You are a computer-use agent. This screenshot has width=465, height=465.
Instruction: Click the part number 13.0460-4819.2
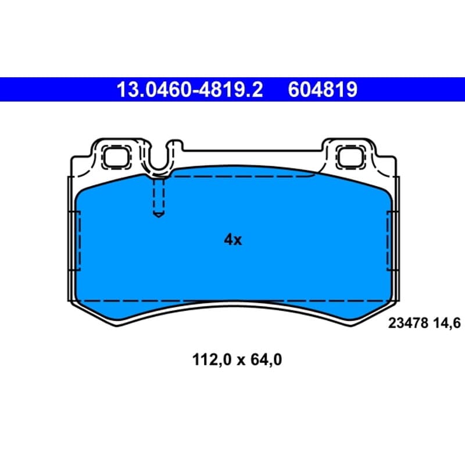coord(190,90)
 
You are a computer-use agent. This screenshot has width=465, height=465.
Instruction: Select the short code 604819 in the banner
coord(323,90)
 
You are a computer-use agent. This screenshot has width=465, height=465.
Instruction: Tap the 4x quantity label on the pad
coord(233,239)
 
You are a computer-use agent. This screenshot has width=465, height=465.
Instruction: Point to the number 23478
coord(408,323)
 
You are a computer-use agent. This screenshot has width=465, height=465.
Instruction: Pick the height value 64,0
coord(266,360)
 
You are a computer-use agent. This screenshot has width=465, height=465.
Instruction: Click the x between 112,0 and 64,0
coord(241,361)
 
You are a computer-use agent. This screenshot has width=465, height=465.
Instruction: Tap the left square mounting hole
coord(116,157)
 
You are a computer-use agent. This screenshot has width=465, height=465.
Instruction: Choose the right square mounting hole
coord(350,157)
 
